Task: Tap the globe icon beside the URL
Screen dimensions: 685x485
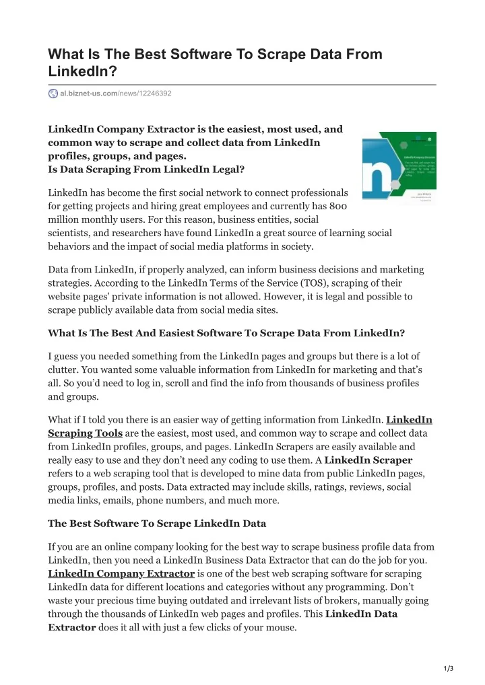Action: [x=53, y=93]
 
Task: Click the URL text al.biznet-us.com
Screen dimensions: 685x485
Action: [x=89, y=93]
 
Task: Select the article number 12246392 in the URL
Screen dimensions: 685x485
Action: [x=154, y=93]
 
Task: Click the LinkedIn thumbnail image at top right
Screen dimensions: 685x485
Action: [x=399, y=165]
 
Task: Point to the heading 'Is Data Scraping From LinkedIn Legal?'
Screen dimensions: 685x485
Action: [x=146, y=170]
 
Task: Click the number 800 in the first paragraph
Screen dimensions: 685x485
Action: [x=339, y=206]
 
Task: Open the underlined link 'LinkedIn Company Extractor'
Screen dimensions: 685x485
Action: [x=121, y=573]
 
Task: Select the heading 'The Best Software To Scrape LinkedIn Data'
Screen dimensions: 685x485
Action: [x=157, y=523]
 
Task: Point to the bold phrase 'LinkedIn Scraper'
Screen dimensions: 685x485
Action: [x=368, y=460]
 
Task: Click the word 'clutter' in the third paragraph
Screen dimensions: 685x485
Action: [x=63, y=369]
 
